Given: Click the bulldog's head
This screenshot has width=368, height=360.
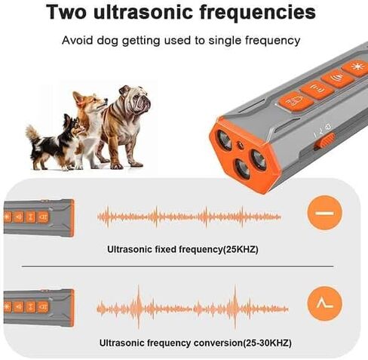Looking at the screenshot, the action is [x=136, y=99].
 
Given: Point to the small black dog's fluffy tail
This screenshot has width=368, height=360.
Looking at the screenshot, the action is [x=32, y=134].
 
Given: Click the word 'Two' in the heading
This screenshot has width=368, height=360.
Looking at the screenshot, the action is [x=66, y=12].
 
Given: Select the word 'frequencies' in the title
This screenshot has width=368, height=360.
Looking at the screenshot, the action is [x=258, y=13].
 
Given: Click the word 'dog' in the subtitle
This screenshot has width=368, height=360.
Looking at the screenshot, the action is [x=107, y=41].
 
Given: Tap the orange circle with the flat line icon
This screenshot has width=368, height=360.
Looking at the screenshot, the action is [x=324, y=213].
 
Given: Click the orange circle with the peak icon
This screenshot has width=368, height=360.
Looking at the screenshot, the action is [x=324, y=303].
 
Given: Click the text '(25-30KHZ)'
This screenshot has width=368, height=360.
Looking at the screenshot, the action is [x=267, y=343].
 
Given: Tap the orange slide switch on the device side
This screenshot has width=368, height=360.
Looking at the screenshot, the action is [x=325, y=141].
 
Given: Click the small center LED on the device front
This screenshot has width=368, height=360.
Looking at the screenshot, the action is [x=240, y=145].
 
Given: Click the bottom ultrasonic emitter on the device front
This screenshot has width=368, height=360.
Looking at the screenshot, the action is [x=243, y=169].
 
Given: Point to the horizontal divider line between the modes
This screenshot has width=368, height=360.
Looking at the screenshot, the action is [x=178, y=266].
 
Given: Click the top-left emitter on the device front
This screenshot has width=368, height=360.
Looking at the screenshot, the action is [x=224, y=140].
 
